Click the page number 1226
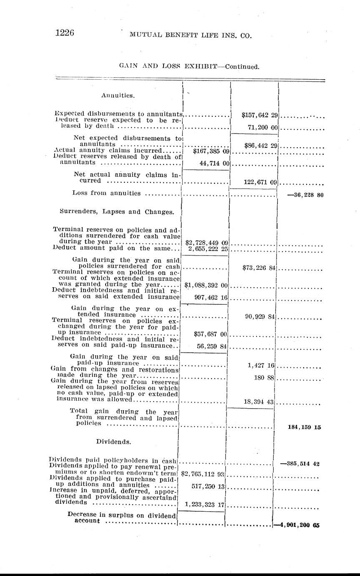65,33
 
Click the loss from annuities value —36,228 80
304,195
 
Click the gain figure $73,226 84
259,268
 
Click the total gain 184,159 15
305,427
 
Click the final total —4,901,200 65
297,525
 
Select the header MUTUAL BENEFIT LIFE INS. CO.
191,36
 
